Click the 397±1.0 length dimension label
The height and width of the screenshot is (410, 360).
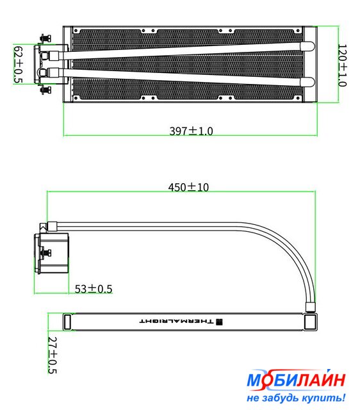pos(191,131)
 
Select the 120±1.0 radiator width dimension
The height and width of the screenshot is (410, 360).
pos(342,65)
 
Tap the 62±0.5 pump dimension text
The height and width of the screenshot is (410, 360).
pos(19,65)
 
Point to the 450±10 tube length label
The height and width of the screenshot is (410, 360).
pos(188,187)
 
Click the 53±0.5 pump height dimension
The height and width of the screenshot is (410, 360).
pos(94,289)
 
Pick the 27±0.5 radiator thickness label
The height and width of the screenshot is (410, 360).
pos(53,355)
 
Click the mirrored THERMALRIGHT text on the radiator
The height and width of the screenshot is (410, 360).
pos(176,322)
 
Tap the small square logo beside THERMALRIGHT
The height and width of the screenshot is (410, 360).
pos(219,322)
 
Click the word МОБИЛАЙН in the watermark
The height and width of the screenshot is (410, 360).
pos(296,380)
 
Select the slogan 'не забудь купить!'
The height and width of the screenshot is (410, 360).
pos(296,397)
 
